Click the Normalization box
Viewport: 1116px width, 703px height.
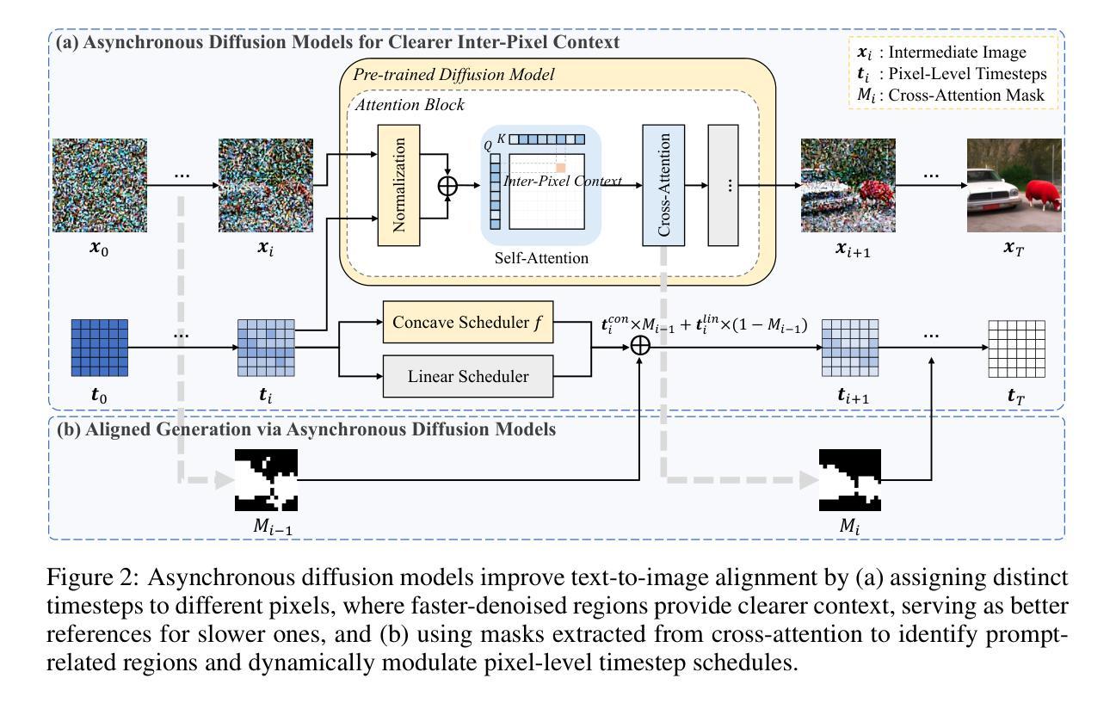click(398, 184)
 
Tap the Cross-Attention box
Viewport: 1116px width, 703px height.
click(663, 184)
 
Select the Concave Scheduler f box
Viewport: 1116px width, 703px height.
click(466, 324)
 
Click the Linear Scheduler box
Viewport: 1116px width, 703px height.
click(466, 376)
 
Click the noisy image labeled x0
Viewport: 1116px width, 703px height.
click(100, 184)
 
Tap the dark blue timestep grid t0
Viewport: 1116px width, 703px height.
click(99, 348)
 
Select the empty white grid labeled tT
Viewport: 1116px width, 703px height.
click(1016, 348)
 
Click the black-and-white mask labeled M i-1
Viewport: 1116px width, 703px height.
click(266, 480)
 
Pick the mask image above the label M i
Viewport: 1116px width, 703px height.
click(851, 480)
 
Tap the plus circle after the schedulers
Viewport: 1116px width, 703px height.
click(640, 345)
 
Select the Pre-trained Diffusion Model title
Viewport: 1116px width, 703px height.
click(453, 75)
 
